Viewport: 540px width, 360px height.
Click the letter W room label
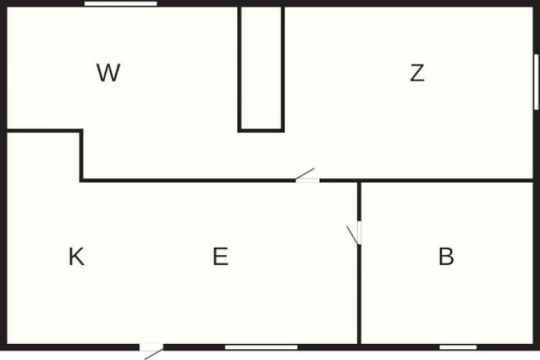pyautogui.click(x=108, y=73)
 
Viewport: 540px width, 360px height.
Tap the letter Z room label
pyautogui.click(x=417, y=73)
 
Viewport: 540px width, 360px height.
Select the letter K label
pyautogui.click(x=76, y=257)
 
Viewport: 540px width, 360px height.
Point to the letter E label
pyautogui.click(x=220, y=257)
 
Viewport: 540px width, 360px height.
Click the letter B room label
pyautogui.click(x=446, y=257)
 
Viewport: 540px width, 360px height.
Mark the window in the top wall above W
pyautogui.click(x=121, y=3)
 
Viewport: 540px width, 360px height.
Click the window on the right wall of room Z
pyautogui.click(x=536, y=82)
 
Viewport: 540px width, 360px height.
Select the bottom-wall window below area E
pyautogui.click(x=261, y=347)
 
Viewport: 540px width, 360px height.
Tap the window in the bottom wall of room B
pyautogui.click(x=458, y=347)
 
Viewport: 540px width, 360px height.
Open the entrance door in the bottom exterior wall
pyautogui.click(x=151, y=347)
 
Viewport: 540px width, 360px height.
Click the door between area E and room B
pyautogui.click(x=359, y=233)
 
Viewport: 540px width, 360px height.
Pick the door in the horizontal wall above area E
pyautogui.click(x=308, y=180)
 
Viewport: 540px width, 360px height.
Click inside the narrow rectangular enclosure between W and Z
pyautogui.click(x=261, y=68)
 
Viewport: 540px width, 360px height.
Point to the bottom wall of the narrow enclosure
pyautogui.click(x=261, y=130)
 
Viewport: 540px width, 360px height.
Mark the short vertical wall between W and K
pyautogui.click(x=82, y=155)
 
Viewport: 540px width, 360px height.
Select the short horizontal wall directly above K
pyautogui.click(x=44, y=131)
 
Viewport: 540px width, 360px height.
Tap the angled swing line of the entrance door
pyautogui.click(x=154, y=354)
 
